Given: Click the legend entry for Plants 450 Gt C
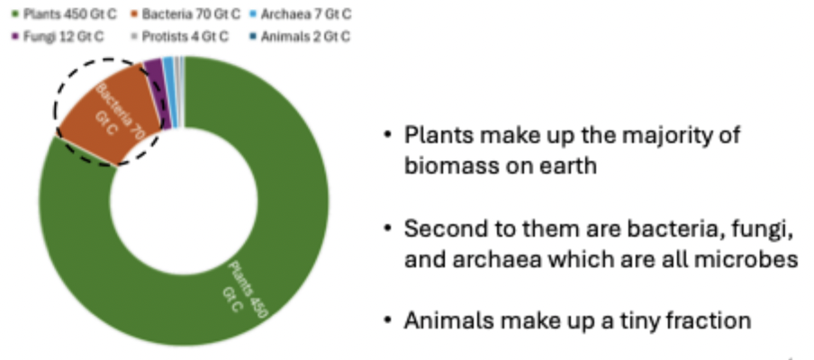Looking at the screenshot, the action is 64,14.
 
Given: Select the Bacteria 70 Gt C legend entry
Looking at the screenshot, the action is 185,14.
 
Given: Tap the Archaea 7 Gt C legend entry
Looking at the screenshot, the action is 301,14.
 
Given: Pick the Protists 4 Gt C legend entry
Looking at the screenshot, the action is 179,37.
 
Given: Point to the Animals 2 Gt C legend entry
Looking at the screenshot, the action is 300,37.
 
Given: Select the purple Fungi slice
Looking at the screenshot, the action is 158,94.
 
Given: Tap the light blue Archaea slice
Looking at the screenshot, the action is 170,91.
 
